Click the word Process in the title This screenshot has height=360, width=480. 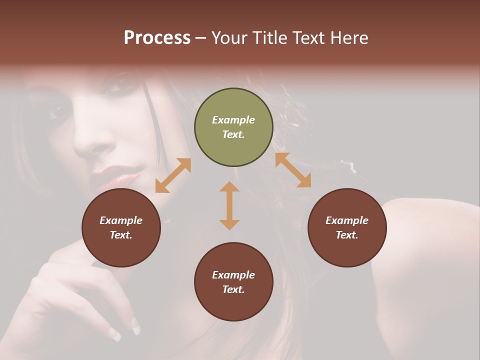(157, 38)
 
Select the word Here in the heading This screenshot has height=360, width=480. (348, 38)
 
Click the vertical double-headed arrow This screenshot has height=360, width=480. (229, 205)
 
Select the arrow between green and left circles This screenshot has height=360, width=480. (173, 175)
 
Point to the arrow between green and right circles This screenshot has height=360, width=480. (293, 170)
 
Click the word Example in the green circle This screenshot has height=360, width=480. (233, 120)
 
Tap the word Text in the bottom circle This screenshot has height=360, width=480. (233, 289)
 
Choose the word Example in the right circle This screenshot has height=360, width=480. (347, 220)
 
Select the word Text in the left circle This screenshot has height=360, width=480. (121, 235)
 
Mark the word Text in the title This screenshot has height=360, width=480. (308, 38)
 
